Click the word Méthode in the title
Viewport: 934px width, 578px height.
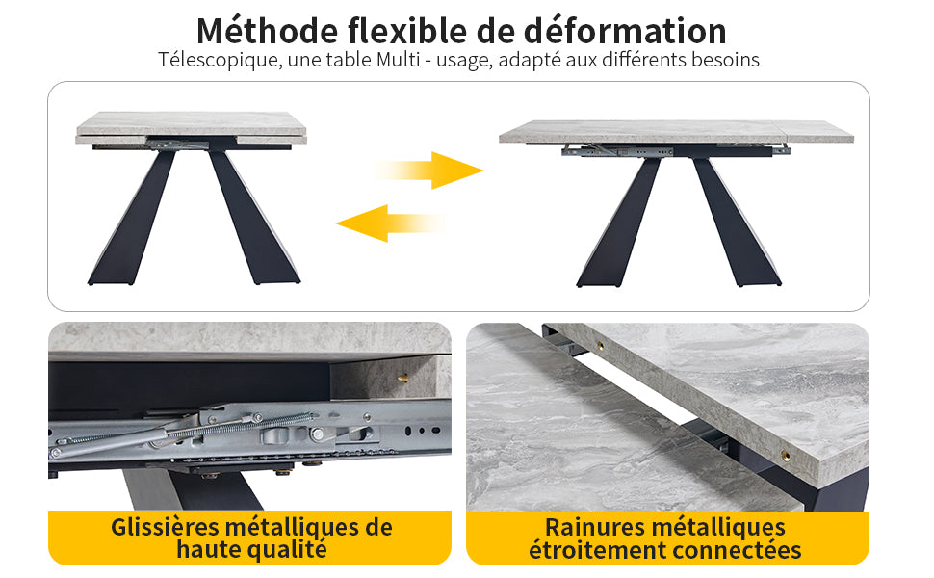pos(268,31)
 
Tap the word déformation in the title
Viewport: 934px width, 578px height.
pos(625,31)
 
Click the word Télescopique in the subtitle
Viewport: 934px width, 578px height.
pos(220,60)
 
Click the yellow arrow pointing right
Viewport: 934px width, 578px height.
pos(428,171)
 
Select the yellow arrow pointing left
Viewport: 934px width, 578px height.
pos(390,223)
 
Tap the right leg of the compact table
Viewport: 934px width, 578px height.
pos(253,218)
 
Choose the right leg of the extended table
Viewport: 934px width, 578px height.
pos(737,223)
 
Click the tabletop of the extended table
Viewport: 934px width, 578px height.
pos(676,131)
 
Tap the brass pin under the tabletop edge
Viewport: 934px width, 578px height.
pos(402,378)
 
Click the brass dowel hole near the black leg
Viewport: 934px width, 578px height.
pos(787,457)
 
